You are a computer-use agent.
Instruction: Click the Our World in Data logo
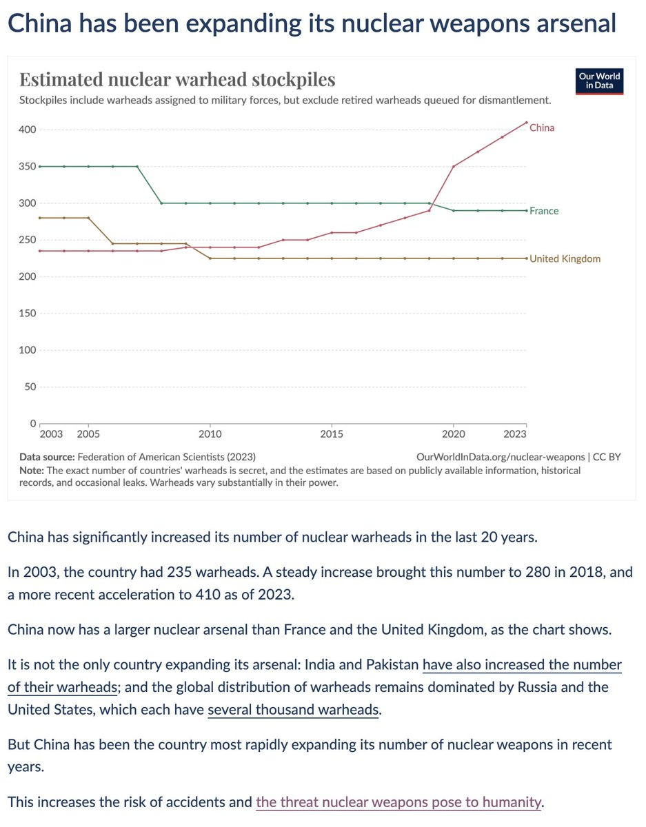[599, 81]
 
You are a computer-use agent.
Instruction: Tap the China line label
[542, 127]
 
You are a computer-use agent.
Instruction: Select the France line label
[544, 211]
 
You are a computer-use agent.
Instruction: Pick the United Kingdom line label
[565, 259]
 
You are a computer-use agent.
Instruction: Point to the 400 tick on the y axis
[28, 130]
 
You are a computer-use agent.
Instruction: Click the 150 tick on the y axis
[28, 314]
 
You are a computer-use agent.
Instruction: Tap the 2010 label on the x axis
[210, 434]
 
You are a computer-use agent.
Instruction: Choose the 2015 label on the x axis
[332, 434]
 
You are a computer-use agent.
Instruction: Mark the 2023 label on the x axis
[515, 434]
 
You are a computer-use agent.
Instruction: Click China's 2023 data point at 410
[527, 123]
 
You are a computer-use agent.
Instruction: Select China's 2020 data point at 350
[454, 166]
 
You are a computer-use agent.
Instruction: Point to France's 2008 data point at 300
[161, 203]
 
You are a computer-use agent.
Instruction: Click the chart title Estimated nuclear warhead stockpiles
[177, 79]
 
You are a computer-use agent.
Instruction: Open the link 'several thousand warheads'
[294, 710]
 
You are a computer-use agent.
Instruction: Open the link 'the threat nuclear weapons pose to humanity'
[398, 802]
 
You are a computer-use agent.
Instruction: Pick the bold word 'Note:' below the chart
[32, 470]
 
